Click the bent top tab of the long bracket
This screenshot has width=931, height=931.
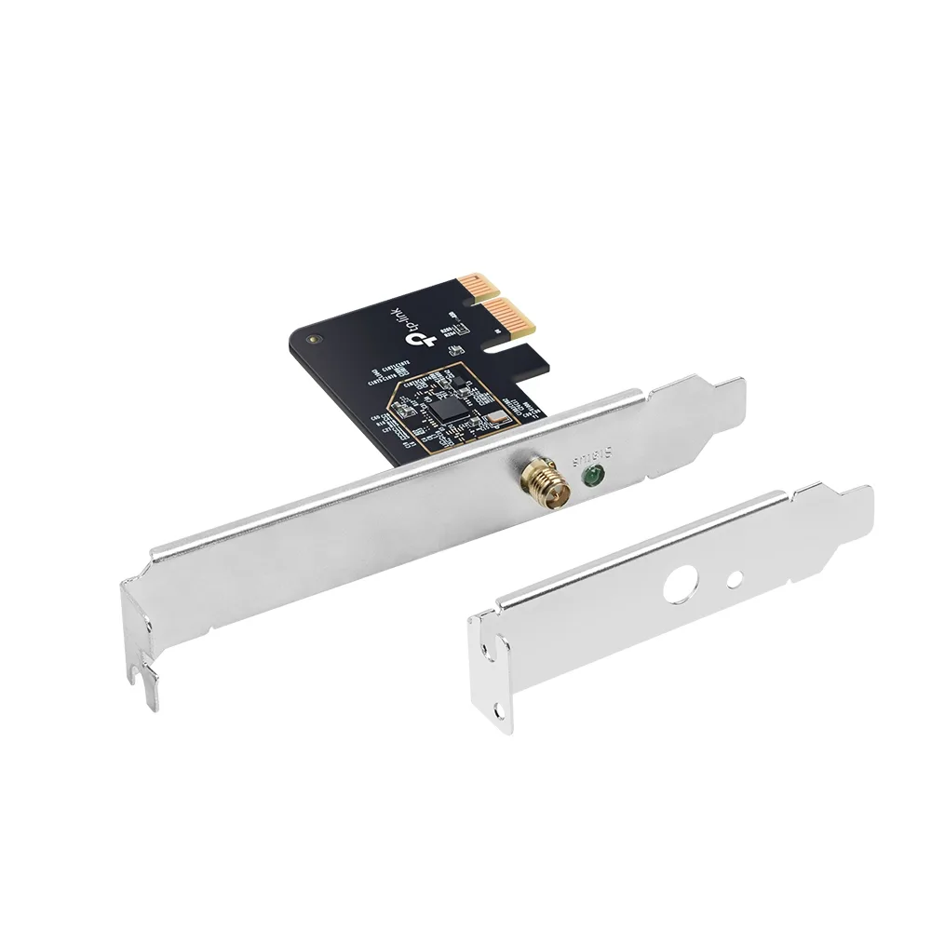[x=717, y=396]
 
